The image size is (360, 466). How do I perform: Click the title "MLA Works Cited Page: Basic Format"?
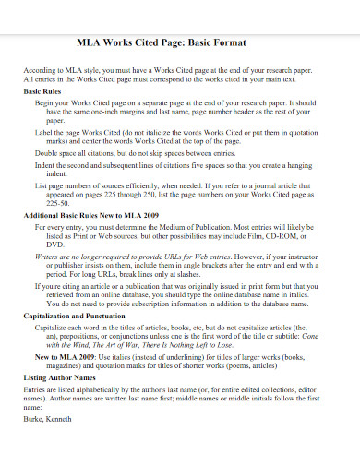click(180, 43)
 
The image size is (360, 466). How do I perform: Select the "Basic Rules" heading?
click(42, 93)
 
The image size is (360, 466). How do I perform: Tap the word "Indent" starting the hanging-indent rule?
click(45, 166)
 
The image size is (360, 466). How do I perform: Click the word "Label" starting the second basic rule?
click(43, 133)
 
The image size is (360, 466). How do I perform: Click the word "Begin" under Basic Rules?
click(43, 104)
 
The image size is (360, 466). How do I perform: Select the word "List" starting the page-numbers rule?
click(41, 185)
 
